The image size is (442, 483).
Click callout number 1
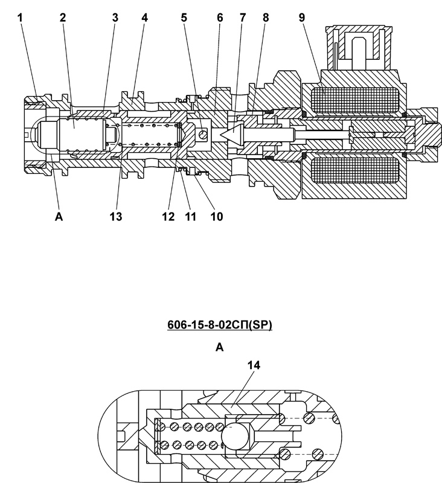pyautogui.click(x=20, y=18)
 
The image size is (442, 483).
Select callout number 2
pyautogui.click(x=63, y=18)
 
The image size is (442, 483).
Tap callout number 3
pyautogui.click(x=115, y=18)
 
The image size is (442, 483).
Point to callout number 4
pyautogui.click(x=144, y=18)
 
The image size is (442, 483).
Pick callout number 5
pyautogui.click(x=184, y=18)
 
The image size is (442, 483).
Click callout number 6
pyautogui.click(x=220, y=18)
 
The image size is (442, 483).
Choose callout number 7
pyautogui.click(x=243, y=18)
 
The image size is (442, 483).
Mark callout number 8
pyautogui.click(x=266, y=18)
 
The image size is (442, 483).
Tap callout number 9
pyautogui.click(x=302, y=18)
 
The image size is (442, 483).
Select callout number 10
pyautogui.click(x=217, y=217)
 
